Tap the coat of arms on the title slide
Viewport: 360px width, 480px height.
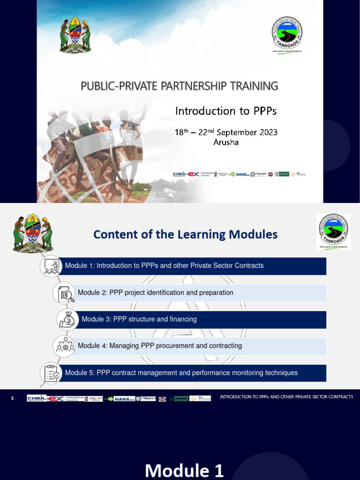(x=75, y=35)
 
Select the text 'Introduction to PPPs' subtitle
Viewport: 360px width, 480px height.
(x=226, y=111)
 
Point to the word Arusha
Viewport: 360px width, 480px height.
(x=226, y=142)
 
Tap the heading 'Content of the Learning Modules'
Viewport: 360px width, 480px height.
(x=185, y=234)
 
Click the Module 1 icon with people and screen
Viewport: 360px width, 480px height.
(x=51, y=266)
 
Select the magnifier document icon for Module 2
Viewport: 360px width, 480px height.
(x=64, y=293)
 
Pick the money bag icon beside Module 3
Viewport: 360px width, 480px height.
(x=67, y=320)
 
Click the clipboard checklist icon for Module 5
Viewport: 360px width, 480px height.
(x=51, y=373)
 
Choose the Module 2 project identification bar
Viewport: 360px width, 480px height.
(x=202, y=293)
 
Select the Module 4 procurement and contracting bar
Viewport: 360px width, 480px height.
(x=202, y=346)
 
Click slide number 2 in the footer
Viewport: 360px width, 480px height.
(x=13, y=398)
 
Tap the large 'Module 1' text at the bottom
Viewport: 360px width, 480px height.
(x=184, y=470)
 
